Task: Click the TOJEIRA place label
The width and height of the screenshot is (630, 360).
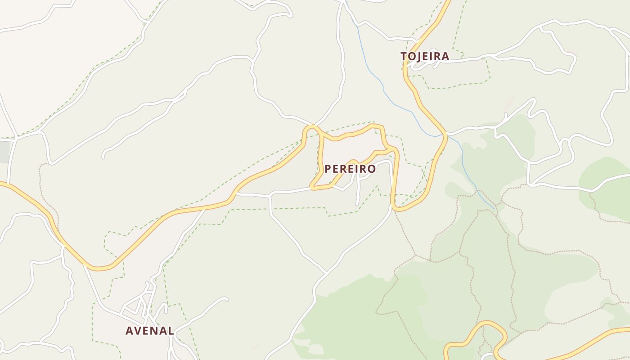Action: (x=425, y=56)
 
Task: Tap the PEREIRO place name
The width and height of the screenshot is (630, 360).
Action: (x=350, y=169)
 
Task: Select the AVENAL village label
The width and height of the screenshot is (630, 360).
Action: (x=150, y=331)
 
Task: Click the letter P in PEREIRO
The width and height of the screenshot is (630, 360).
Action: (x=328, y=169)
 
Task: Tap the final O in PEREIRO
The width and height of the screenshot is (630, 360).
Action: (x=372, y=169)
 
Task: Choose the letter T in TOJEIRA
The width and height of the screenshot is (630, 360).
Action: (x=404, y=56)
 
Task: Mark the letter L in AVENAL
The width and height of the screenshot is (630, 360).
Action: (x=171, y=331)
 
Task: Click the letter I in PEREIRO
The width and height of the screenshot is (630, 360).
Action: (x=357, y=169)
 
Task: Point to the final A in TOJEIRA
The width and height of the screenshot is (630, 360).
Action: (x=445, y=56)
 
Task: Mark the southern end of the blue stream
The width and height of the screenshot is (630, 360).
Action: (x=495, y=208)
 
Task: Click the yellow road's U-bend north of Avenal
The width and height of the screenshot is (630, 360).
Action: (x=99, y=268)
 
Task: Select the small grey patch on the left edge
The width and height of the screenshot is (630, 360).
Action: (x=4, y=151)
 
